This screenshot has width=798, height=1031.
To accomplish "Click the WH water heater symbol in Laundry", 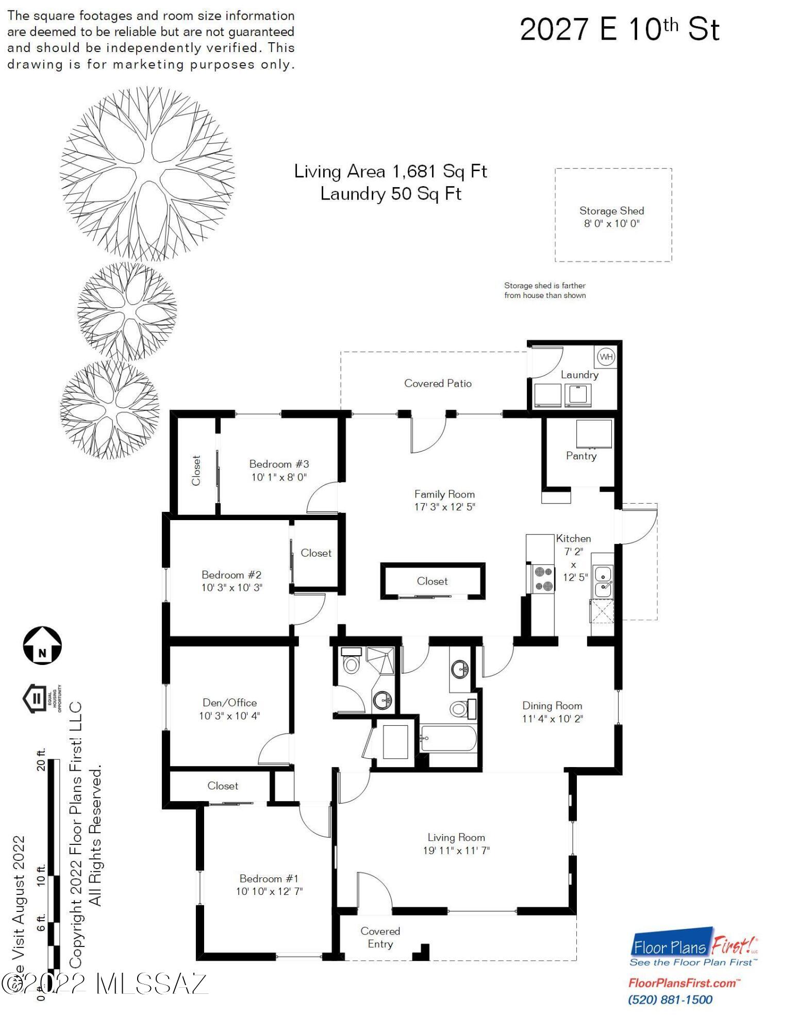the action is [x=606, y=357].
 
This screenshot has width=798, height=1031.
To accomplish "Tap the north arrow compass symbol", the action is [x=42, y=645].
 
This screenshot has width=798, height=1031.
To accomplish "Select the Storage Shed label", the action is [x=612, y=211].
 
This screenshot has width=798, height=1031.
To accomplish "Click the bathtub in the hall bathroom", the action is [x=448, y=739].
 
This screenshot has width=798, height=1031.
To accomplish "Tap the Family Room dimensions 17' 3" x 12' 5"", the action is [x=444, y=507].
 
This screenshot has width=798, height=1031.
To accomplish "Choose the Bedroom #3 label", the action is [x=279, y=464].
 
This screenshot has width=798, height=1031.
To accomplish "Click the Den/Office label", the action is [x=229, y=703].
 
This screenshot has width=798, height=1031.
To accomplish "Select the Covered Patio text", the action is [x=438, y=383].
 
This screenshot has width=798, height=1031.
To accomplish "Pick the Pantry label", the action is [x=581, y=456].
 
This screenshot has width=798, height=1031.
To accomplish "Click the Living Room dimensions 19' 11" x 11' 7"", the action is [x=456, y=851].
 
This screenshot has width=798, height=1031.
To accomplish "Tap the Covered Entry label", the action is [x=380, y=937].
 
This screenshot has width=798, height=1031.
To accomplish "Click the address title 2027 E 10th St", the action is [x=620, y=29].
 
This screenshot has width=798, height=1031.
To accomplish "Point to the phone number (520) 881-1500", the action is [x=670, y=1000].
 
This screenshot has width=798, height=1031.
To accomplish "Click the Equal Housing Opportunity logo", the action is [x=41, y=699].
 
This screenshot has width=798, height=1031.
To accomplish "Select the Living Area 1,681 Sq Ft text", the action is [x=390, y=171].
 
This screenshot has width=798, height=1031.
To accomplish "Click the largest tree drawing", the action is [x=147, y=174].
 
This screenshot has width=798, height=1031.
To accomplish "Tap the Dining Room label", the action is [x=552, y=706].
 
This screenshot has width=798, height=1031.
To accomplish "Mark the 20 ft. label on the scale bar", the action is [x=41, y=759].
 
